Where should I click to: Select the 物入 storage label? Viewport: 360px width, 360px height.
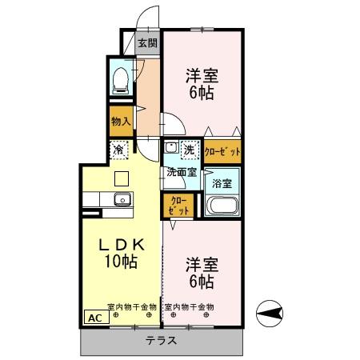[x=121, y=122]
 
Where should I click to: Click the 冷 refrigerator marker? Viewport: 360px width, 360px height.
[x=118, y=150]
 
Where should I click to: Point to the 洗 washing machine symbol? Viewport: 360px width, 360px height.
[x=190, y=150]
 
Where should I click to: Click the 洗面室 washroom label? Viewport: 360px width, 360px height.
[x=182, y=170]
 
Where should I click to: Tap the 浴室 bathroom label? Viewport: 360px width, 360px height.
[x=222, y=183]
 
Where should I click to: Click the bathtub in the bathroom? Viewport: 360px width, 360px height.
[x=223, y=206]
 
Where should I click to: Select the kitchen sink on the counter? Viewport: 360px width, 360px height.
[x=122, y=199]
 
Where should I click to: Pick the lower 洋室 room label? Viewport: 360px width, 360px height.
[x=202, y=263]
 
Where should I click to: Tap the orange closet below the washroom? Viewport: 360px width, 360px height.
[x=179, y=206]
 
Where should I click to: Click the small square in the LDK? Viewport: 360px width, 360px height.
[x=121, y=178]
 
